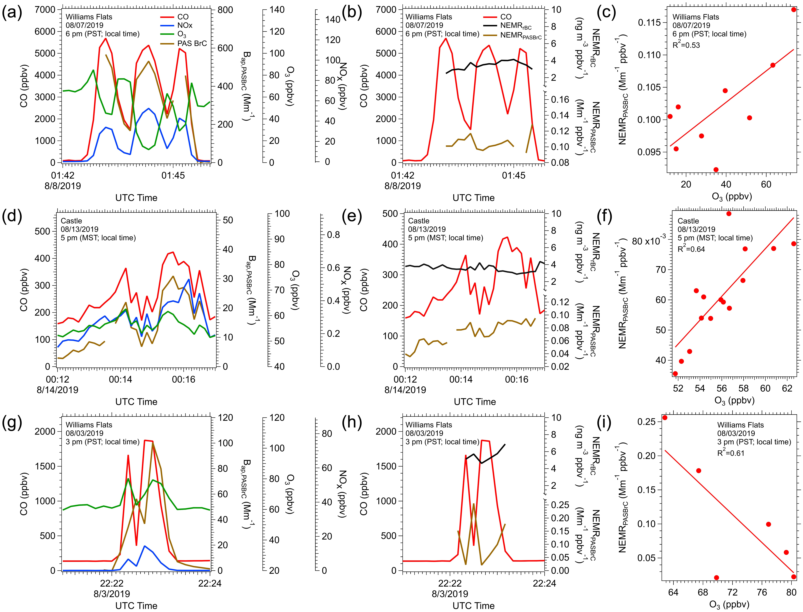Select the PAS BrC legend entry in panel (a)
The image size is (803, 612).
pyautogui.click(x=192, y=43)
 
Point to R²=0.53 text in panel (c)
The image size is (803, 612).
pyautogui.click(x=686, y=45)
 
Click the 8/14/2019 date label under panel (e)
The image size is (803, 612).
pyautogui.click(x=405, y=390)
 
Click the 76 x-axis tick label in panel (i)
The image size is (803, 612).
pyautogui.click(x=762, y=592)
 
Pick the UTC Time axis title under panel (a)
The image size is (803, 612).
pyautogui.click(x=136, y=198)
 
